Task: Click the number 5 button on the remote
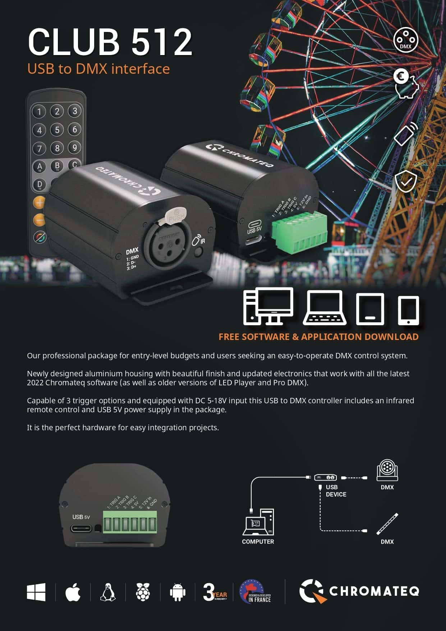point(57,130)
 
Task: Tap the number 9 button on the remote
point(74,147)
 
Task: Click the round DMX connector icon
point(405,40)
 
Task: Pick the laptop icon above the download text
point(325,308)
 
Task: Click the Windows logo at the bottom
point(36,592)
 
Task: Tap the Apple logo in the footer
point(73,592)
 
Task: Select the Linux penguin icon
point(108,592)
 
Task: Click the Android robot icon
point(178,592)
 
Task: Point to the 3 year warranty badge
point(215,592)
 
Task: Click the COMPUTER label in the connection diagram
point(258,541)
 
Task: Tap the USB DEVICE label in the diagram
point(336,491)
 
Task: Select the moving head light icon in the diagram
point(387,470)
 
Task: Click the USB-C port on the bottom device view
point(81,528)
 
